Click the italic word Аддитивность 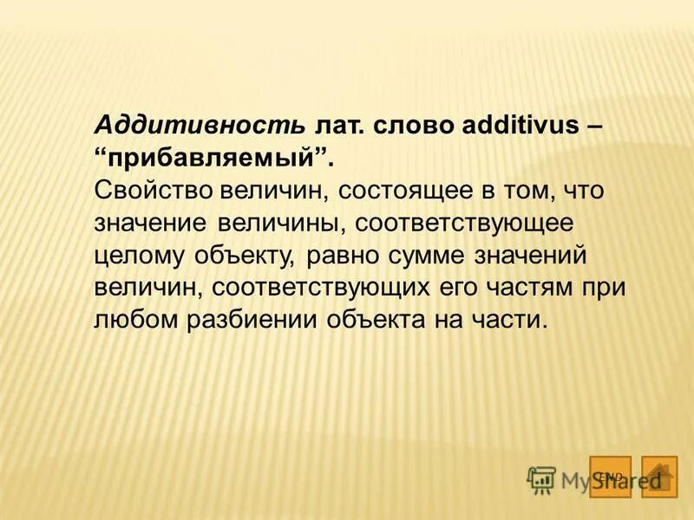200,125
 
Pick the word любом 134,319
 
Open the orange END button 610,476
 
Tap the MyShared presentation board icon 540,480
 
